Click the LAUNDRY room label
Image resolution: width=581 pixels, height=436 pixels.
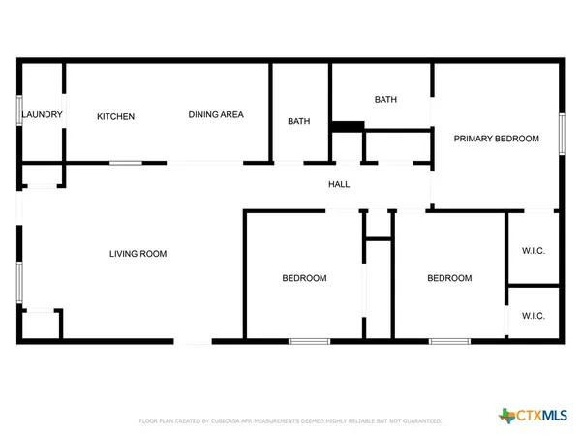(42, 115)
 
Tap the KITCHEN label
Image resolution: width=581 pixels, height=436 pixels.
(115, 116)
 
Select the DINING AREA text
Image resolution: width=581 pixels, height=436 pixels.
(215, 114)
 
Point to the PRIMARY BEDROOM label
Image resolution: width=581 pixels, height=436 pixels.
(496, 139)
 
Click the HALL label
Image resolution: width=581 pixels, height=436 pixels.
(339, 184)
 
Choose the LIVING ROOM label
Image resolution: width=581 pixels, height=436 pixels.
(138, 254)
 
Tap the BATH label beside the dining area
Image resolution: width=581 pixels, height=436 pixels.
(298, 121)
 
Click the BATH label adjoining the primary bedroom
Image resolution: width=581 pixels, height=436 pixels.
(385, 99)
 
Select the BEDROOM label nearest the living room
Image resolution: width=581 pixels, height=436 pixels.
(304, 278)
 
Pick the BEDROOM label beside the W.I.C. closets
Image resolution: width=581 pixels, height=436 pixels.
(449, 278)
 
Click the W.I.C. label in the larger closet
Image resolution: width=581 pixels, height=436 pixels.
(534, 251)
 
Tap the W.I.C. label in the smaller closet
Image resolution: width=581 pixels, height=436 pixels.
(534, 316)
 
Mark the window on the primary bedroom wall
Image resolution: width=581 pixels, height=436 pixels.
(561, 133)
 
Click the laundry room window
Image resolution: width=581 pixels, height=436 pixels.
(19, 110)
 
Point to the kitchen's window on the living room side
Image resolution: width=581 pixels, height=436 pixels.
(126, 162)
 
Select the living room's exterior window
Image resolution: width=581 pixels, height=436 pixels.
(18, 277)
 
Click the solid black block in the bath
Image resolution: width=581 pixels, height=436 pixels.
(346, 125)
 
